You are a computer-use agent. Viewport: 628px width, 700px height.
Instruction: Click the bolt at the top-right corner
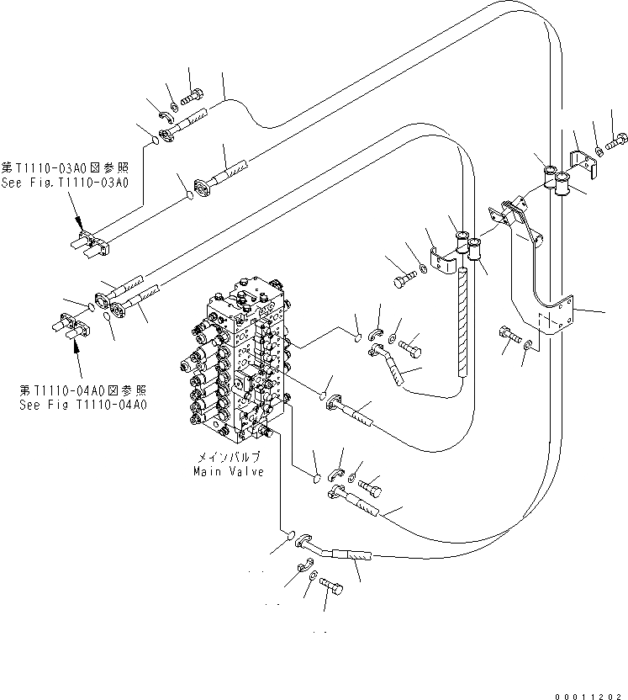click(x=620, y=137)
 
